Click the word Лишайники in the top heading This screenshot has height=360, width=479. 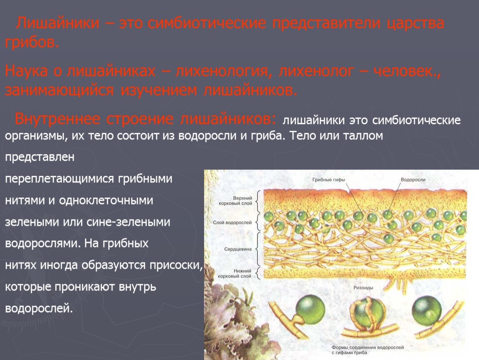(58, 23)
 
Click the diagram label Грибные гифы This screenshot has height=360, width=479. (328, 180)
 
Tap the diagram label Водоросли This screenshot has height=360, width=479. (413, 180)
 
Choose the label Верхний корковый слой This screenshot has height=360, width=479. (235, 201)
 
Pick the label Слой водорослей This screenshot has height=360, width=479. (232, 222)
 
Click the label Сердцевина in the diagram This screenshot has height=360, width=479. (238, 249)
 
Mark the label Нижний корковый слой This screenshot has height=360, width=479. (235, 273)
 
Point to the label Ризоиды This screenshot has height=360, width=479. (363, 287)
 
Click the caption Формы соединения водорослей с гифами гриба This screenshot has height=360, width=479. (367, 350)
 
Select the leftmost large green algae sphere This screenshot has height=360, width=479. (309, 309)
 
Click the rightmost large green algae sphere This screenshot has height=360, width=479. (427, 312)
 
